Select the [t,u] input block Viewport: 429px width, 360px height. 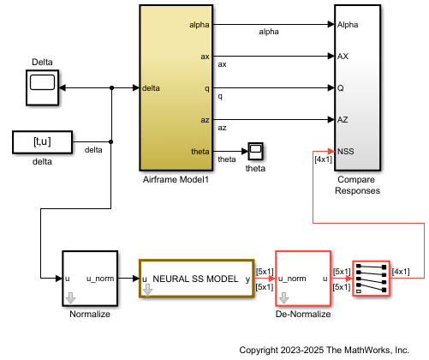pos(42,141)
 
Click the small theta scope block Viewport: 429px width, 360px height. pos(255,152)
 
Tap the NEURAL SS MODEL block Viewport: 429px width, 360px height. pos(196,279)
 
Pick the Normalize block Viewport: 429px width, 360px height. pos(88,279)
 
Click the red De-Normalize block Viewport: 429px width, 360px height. pos(303,279)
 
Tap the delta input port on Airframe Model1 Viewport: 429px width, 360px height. pos(151,87)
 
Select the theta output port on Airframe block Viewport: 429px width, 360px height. pos(198,151)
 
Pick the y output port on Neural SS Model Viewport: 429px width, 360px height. pos(247,279)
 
